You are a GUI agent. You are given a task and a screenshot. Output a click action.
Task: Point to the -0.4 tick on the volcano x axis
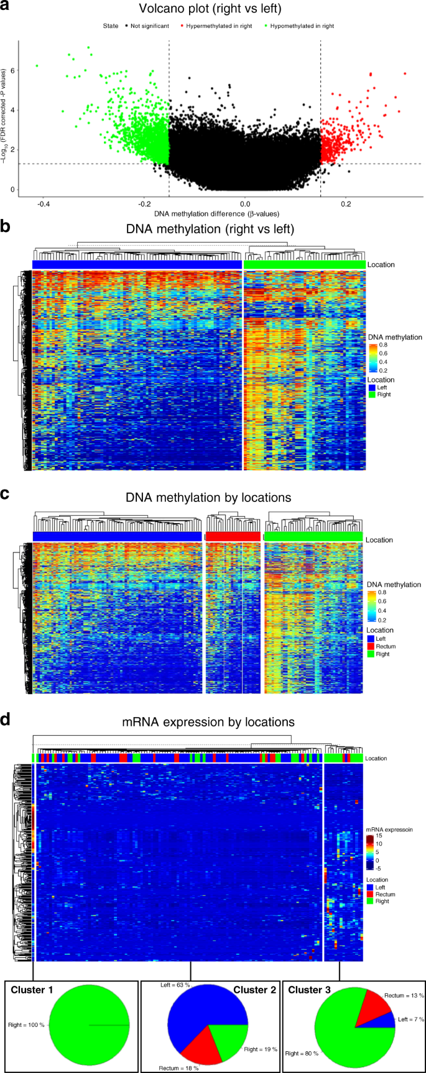pos(44,203)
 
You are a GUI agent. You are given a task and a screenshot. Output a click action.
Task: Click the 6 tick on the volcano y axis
pos(12,71)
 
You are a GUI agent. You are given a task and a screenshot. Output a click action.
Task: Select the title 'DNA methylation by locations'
pos(208,498)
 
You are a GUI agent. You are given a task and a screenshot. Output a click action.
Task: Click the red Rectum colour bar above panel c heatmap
pos(233,536)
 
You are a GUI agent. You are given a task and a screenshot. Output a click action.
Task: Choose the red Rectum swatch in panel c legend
pos(370,646)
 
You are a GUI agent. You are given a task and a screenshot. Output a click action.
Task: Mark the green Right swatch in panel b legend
pos(371,394)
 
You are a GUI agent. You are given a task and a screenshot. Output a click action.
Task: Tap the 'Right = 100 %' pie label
pos(27,1024)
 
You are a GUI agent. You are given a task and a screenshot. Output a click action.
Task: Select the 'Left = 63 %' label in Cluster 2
pos(175,985)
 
